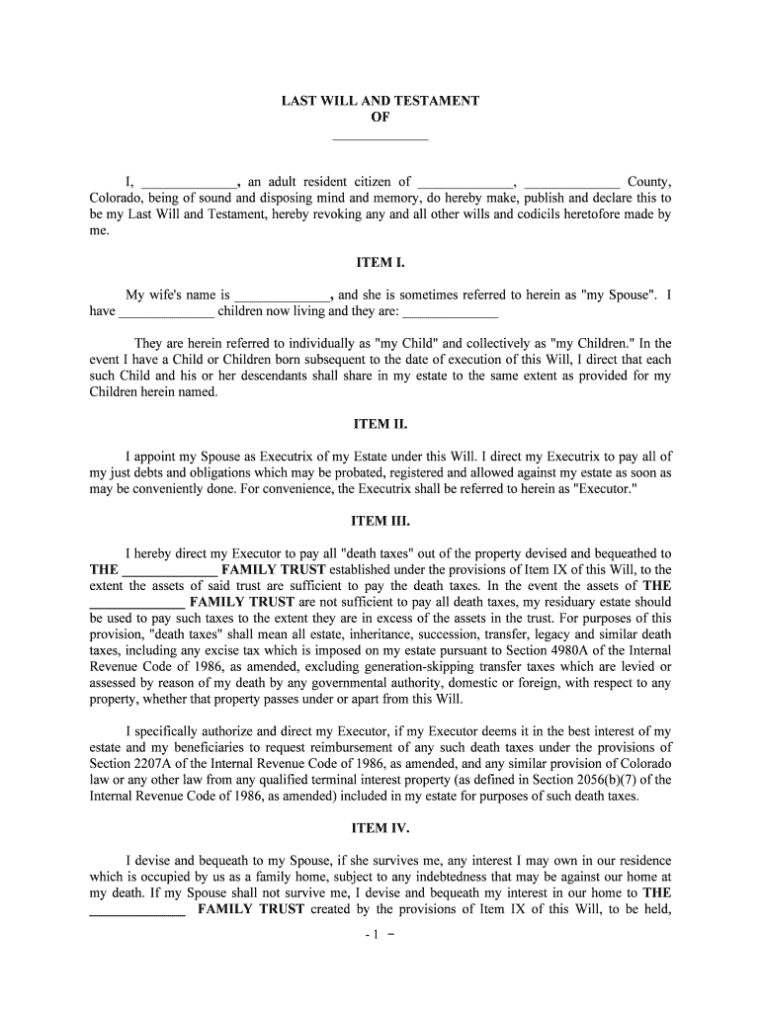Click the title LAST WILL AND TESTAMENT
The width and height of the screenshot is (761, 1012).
(380, 101)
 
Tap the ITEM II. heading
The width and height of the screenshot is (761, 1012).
(380, 424)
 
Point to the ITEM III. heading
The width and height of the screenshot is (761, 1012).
(380, 521)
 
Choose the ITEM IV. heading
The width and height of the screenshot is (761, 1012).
(380, 828)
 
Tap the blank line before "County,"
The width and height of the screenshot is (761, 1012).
(572, 183)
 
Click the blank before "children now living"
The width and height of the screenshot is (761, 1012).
(166, 312)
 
